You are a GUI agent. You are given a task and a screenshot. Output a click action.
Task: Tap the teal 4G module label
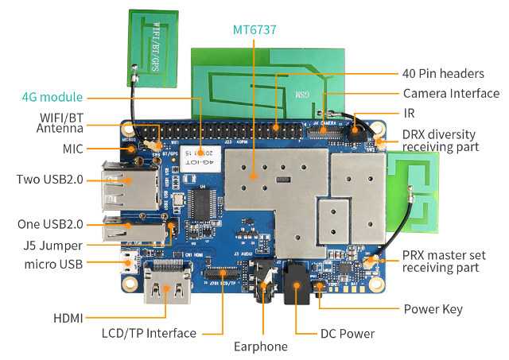pos(52,98)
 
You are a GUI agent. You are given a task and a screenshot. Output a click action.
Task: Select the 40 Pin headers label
pos(442,73)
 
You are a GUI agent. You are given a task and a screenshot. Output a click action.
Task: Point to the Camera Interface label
pos(451,93)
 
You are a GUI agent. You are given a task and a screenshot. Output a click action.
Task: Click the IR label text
pos(409,114)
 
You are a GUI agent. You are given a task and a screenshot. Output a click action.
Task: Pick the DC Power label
pos(347,334)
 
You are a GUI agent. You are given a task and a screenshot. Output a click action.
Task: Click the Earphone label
pos(261,346)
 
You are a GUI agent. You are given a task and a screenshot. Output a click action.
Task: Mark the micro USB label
pos(54,264)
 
